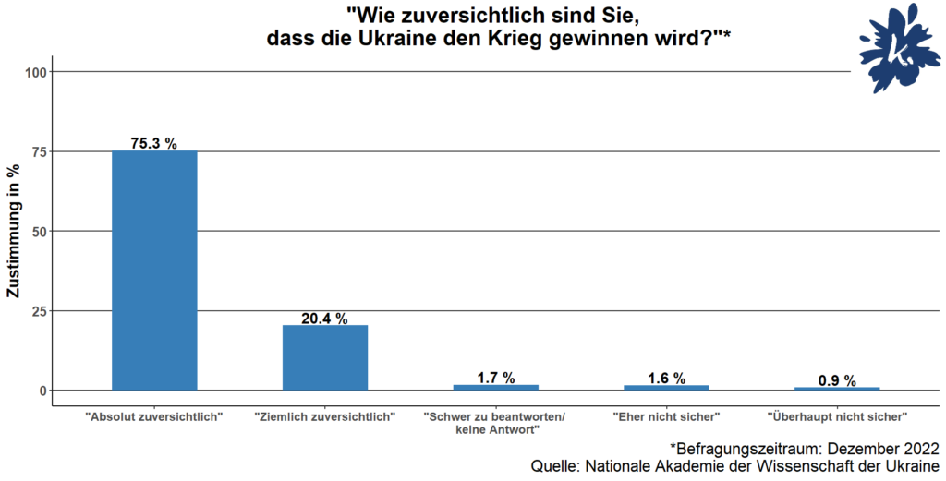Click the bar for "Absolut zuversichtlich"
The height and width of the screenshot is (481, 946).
(154, 270)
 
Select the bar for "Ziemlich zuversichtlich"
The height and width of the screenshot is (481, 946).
(325, 357)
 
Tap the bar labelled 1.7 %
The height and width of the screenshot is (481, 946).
(495, 388)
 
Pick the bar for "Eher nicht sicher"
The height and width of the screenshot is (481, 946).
(666, 388)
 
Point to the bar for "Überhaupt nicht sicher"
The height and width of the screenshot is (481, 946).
(837, 389)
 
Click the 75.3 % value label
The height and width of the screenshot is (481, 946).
(154, 143)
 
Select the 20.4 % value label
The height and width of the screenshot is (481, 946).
(325, 319)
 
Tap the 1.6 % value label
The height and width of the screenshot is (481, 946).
(666, 378)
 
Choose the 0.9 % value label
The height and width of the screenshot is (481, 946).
(837, 380)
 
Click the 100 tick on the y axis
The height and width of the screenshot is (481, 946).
(39, 72)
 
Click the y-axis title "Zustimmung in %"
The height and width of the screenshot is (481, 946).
(13, 231)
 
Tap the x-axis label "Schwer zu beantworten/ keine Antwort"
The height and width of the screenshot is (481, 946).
(497, 423)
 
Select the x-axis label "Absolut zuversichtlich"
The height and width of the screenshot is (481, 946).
(154, 417)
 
